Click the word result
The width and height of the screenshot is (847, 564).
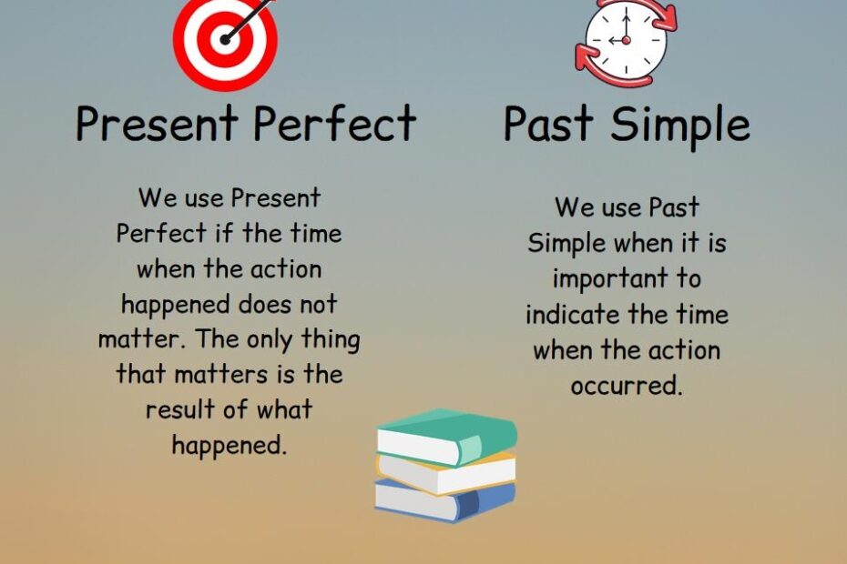(x=180, y=409)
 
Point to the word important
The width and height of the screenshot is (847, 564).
(x=627, y=278)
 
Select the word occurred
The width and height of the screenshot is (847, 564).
(x=626, y=386)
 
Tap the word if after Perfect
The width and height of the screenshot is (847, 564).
(x=224, y=233)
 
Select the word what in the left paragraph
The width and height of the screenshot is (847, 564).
(x=281, y=409)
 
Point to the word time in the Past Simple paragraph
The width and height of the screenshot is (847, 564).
(x=701, y=315)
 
